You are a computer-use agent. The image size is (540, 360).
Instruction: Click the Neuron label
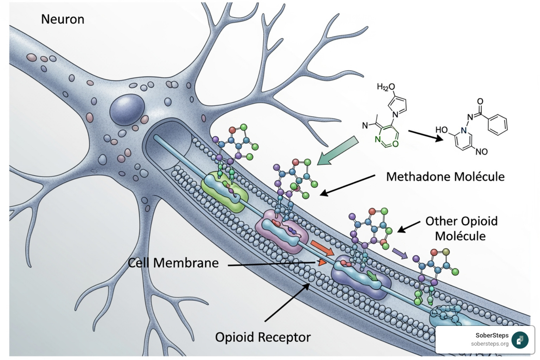point(63,19)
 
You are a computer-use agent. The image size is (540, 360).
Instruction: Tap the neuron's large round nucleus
point(127,109)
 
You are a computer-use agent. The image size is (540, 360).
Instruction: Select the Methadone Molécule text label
point(445,176)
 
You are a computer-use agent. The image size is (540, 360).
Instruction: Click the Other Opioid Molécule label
point(461,229)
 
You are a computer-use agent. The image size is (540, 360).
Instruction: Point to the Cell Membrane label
point(173,263)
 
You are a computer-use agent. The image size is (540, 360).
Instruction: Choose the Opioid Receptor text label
point(263,337)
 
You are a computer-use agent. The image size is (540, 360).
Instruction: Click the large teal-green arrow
point(337,151)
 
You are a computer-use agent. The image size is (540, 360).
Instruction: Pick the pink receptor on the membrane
point(281,231)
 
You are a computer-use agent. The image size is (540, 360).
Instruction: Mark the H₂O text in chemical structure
point(386,87)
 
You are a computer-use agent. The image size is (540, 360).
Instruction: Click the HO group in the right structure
point(442,130)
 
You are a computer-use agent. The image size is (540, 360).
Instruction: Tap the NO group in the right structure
point(481,152)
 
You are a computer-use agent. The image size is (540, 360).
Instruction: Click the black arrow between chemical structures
point(425,136)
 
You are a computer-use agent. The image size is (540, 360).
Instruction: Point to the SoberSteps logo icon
point(520,340)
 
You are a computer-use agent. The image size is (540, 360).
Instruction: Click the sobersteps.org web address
point(490,344)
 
